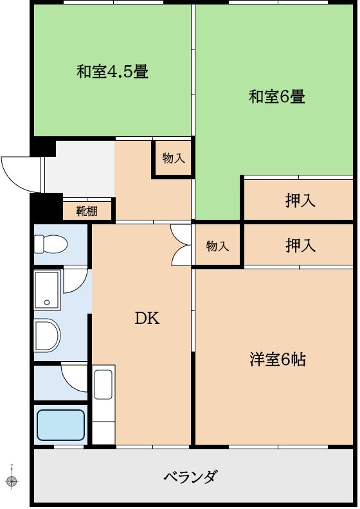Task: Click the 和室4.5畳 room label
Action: [x=113, y=71]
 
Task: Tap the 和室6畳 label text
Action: [x=276, y=97]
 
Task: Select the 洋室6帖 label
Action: [x=277, y=359]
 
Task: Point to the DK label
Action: [x=147, y=318]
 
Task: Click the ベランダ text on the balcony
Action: [x=190, y=477]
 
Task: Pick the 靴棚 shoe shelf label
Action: [x=87, y=211]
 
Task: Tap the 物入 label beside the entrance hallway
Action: [x=173, y=158]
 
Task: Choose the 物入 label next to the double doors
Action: [x=217, y=246]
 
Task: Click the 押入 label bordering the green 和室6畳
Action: [x=300, y=200]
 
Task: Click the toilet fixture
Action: [x=51, y=244]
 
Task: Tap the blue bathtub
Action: [x=60, y=424]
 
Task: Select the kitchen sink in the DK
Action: [x=104, y=384]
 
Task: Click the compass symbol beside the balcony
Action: [x=12, y=480]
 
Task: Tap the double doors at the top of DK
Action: [x=183, y=245]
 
